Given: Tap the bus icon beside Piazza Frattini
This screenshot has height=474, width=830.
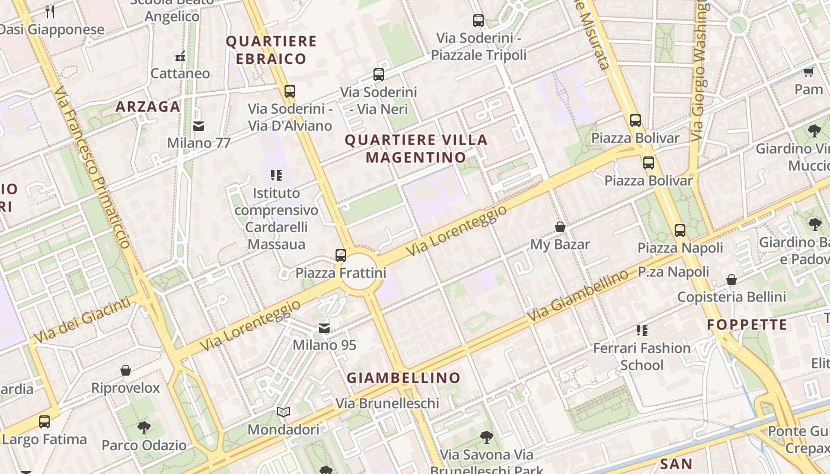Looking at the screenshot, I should tap(341, 255).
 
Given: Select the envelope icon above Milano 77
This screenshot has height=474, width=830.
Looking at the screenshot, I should tap(199, 126).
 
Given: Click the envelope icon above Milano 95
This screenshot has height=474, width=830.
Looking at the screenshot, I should tap(324, 328).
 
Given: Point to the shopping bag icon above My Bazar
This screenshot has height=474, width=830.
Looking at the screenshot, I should tap(560, 227).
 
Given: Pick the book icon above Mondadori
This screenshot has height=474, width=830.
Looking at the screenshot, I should tap(283, 412).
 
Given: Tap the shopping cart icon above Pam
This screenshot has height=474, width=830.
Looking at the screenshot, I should tap(809, 72).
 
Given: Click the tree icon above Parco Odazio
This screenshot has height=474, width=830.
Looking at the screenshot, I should tap(143, 427).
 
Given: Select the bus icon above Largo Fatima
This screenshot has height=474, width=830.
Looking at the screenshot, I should tap(44, 422).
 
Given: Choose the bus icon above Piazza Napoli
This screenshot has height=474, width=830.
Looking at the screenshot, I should tap(680, 230).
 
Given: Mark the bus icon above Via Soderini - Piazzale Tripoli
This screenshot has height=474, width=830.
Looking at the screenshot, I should tap(478, 21).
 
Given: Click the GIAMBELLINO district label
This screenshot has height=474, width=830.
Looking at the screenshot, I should tap(404, 377).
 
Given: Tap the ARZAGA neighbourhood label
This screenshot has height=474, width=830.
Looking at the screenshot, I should tap(148, 107).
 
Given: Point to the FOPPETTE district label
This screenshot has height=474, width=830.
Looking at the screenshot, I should tap(747, 325).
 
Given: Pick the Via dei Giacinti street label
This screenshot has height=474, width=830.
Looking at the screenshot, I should tap(82, 321).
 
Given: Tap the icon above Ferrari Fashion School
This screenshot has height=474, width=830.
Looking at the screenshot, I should tap(641, 330).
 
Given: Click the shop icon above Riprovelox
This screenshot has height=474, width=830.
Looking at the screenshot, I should tap(126, 371).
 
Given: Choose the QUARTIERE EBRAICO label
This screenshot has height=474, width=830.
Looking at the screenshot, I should tap(272, 50).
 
